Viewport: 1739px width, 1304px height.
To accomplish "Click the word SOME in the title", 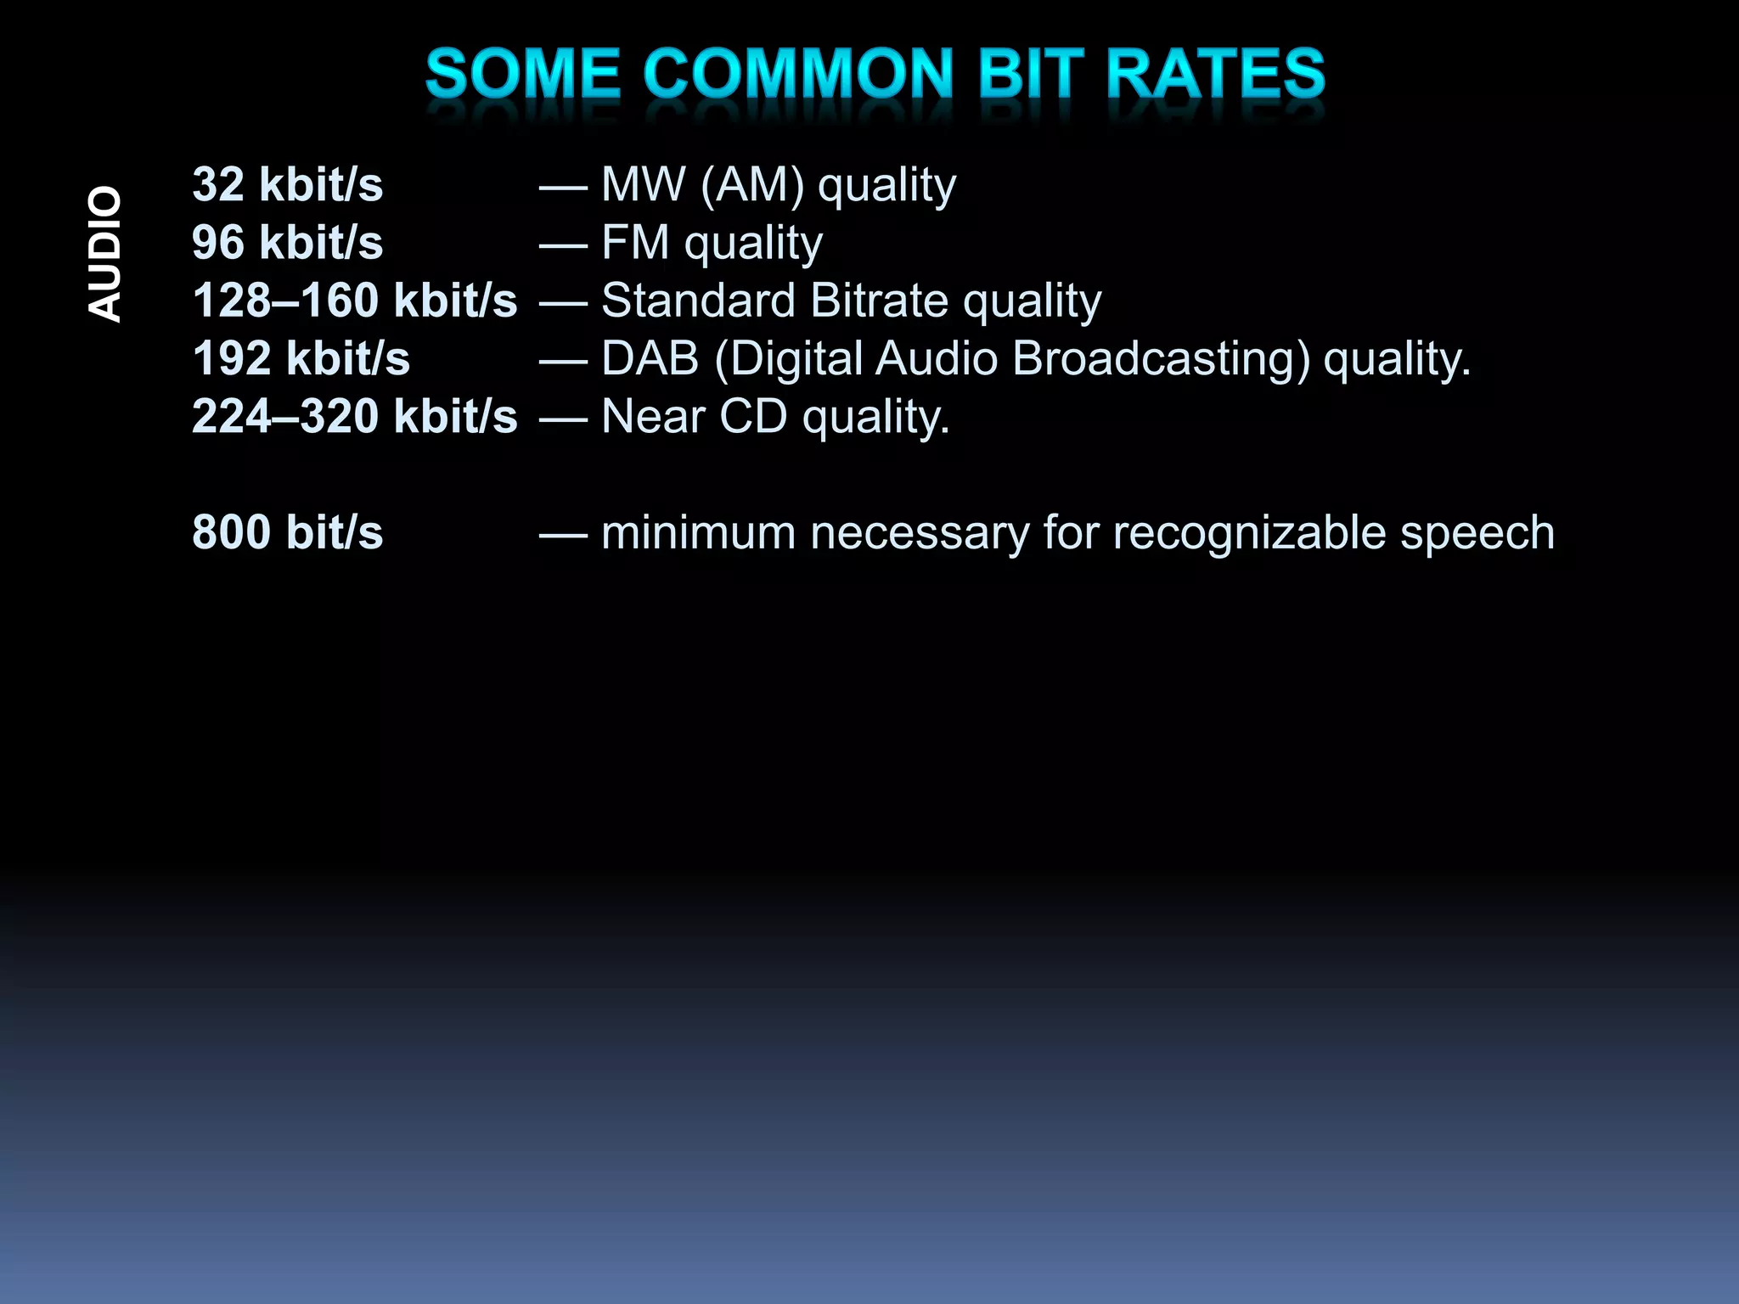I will tap(522, 74).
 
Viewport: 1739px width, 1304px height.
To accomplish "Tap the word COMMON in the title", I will tap(798, 74).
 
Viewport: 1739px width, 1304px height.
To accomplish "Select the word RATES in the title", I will tap(1215, 74).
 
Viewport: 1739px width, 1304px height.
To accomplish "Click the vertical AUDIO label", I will tap(105, 254).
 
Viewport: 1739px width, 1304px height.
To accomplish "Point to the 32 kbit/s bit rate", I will tap(287, 185).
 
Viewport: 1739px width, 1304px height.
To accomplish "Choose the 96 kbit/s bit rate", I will tap(287, 243).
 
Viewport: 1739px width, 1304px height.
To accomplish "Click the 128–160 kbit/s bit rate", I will tap(354, 301).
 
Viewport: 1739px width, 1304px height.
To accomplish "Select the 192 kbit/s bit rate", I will tap(301, 358).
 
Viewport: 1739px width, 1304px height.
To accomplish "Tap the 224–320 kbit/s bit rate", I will tap(354, 416).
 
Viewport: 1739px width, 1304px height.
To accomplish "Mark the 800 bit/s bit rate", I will tap(287, 532).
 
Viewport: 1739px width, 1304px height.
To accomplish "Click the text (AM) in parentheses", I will tap(751, 185).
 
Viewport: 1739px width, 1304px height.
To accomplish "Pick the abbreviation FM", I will tap(635, 243).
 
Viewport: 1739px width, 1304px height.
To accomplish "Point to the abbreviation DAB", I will tap(650, 358).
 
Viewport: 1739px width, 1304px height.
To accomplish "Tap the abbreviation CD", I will tap(752, 416).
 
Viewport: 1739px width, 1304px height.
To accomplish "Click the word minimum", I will tap(698, 532).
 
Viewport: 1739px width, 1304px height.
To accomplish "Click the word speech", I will tap(1477, 532).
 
